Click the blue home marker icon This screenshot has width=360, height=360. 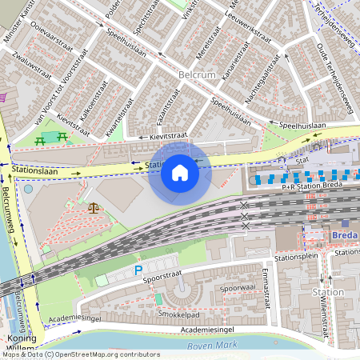(x=179, y=172)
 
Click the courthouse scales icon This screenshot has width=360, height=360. (x=94, y=208)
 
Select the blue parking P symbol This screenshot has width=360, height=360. (x=138, y=271)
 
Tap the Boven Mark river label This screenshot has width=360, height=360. (x=213, y=346)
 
